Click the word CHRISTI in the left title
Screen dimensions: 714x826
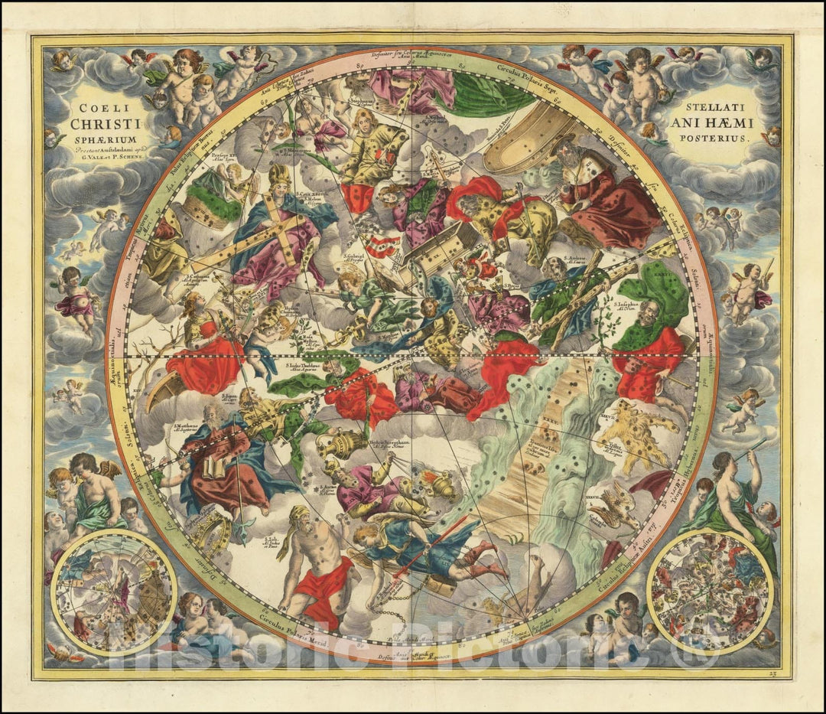(x=96, y=122)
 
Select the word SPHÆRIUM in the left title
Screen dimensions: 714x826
(x=96, y=140)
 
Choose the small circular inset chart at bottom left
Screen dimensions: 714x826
(x=114, y=592)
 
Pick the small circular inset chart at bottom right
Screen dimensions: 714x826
(x=710, y=592)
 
